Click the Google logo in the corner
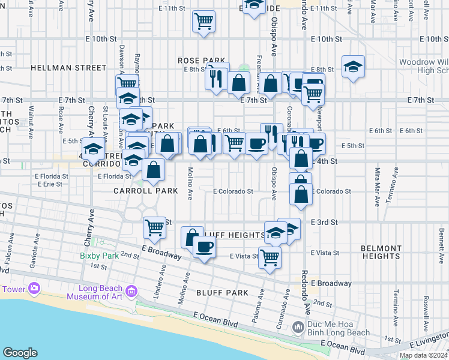(20, 353)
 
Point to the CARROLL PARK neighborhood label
(146, 191)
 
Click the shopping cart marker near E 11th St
(204, 22)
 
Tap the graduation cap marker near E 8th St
(353, 67)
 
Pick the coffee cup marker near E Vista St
(204, 247)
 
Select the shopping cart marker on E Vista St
(270, 258)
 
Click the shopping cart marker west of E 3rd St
(155, 228)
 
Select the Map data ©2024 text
(423, 355)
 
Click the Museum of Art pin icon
(131, 292)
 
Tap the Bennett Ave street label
(441, 232)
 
